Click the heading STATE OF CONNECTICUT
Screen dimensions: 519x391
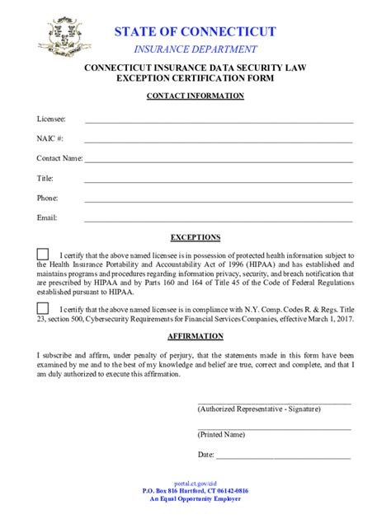click(x=195, y=31)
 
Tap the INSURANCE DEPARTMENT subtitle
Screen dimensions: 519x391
click(x=195, y=49)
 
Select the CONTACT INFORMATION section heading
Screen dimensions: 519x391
click(x=195, y=96)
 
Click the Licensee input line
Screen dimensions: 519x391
click(x=219, y=121)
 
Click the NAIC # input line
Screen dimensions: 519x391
click(x=219, y=141)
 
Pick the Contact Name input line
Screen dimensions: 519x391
click(x=219, y=160)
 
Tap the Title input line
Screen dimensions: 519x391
click(x=219, y=180)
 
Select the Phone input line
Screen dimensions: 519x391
click(x=219, y=199)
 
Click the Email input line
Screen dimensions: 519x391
click(x=219, y=219)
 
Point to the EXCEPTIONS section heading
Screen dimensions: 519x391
click(x=195, y=237)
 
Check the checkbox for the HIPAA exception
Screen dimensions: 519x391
click(x=43, y=255)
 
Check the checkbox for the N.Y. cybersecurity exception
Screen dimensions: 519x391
click(x=43, y=307)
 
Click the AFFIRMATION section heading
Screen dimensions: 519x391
click(x=195, y=336)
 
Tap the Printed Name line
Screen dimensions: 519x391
click(x=274, y=428)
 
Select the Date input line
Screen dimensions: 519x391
click(x=283, y=456)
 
